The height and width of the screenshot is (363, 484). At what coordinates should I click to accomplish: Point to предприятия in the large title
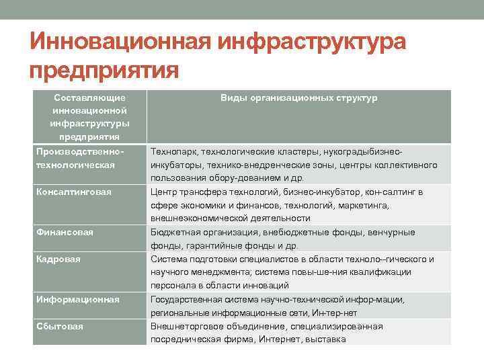pyautogui.click(x=104, y=71)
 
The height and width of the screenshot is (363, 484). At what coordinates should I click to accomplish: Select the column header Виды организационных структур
pyautogui.click(x=299, y=98)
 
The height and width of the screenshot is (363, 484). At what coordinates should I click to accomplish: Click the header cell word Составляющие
pyautogui.click(x=89, y=98)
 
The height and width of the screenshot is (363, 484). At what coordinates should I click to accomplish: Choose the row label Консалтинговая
pyautogui.click(x=73, y=192)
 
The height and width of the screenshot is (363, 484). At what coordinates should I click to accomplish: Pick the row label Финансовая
pyautogui.click(x=65, y=233)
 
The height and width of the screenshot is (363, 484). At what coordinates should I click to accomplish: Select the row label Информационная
pyautogui.click(x=78, y=300)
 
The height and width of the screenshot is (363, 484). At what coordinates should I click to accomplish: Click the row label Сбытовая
pyautogui.click(x=60, y=327)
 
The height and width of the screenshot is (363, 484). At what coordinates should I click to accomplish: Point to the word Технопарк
pyautogui.click(x=172, y=152)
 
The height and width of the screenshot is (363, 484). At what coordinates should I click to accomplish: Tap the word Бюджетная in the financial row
pyautogui.click(x=174, y=233)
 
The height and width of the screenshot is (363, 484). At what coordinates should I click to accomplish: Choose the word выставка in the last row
pyautogui.click(x=325, y=339)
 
